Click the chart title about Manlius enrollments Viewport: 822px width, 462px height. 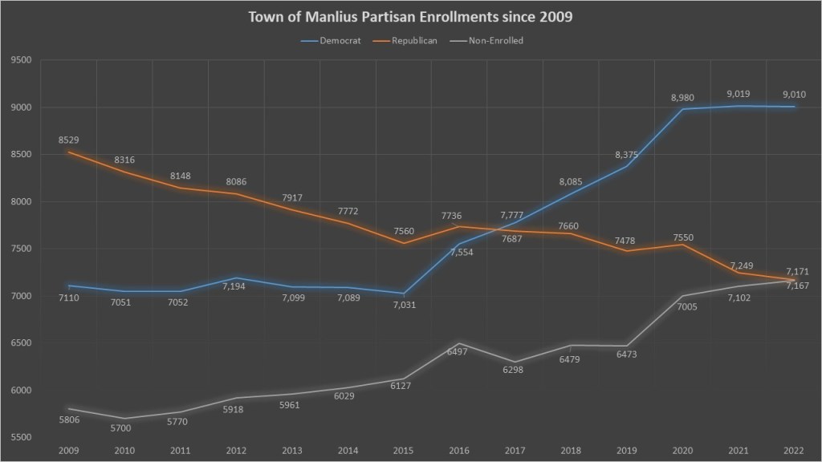tap(411, 17)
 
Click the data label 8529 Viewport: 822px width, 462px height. tap(69, 140)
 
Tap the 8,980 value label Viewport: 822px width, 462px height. tap(682, 98)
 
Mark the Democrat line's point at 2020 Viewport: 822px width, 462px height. tap(682, 109)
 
